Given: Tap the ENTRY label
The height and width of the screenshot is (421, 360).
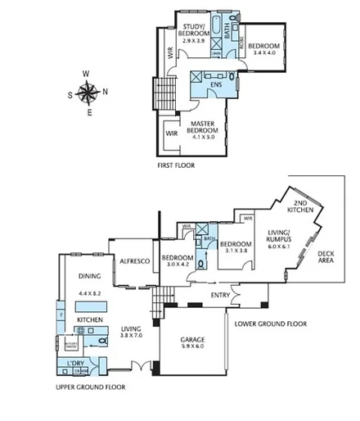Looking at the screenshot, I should pyautogui.click(x=220, y=295).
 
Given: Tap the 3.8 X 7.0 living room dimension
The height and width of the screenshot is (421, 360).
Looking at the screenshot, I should pyautogui.click(x=131, y=335).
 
